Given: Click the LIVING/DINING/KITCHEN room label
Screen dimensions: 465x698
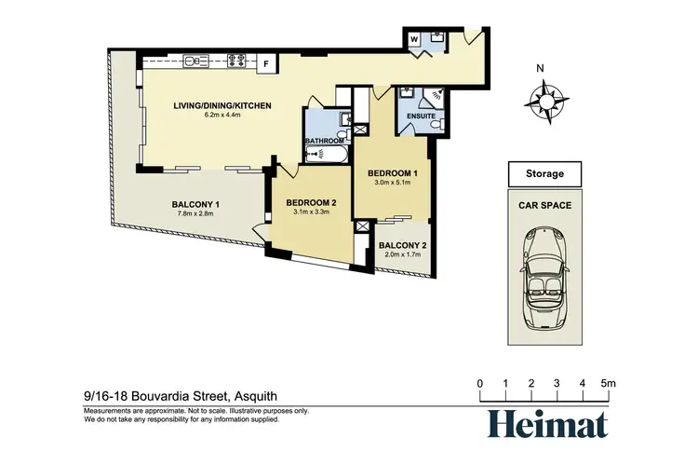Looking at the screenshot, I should [221, 106].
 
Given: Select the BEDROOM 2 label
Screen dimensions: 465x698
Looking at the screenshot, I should [311, 203].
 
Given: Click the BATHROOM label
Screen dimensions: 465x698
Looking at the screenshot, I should [326, 141].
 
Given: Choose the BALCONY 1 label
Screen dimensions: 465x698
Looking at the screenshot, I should [195, 205].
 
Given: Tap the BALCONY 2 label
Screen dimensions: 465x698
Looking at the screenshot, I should [402, 245].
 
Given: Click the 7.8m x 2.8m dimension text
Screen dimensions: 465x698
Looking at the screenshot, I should [195, 214].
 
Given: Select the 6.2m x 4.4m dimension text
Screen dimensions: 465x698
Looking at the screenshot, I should [221, 116].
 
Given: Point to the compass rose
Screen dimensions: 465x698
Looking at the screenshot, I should [545, 99].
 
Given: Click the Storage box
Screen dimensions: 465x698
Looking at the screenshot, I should [544, 174].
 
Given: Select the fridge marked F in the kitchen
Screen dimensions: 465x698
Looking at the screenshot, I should [267, 63].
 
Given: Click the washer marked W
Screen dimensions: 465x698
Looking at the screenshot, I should [414, 39].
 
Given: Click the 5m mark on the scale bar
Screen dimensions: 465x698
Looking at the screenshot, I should [607, 383].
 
